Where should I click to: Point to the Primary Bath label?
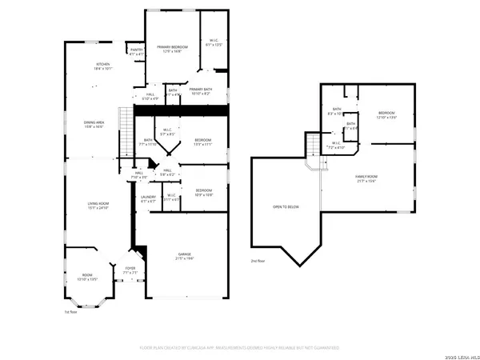click(x=201, y=91)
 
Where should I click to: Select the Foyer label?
click(x=130, y=270)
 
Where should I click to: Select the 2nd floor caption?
click(x=257, y=262)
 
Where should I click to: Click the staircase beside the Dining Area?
click(x=123, y=134)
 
